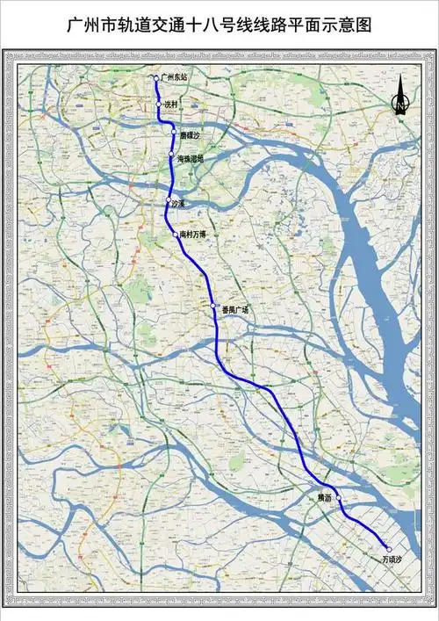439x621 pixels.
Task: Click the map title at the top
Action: pos(219,26)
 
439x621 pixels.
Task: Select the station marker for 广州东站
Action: pos(156,78)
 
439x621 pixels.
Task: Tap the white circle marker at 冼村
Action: pos(159,105)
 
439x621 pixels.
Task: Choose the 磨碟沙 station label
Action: pos(191,136)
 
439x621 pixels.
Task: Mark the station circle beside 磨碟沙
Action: pos(174,133)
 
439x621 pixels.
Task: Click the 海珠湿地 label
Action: pos(190,159)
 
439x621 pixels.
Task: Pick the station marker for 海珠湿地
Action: pos(171,154)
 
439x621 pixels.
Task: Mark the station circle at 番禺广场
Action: pos(212,305)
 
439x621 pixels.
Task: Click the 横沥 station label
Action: pos(325,498)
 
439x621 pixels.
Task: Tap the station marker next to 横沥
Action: pos(338,497)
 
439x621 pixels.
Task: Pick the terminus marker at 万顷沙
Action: pos(389,549)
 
